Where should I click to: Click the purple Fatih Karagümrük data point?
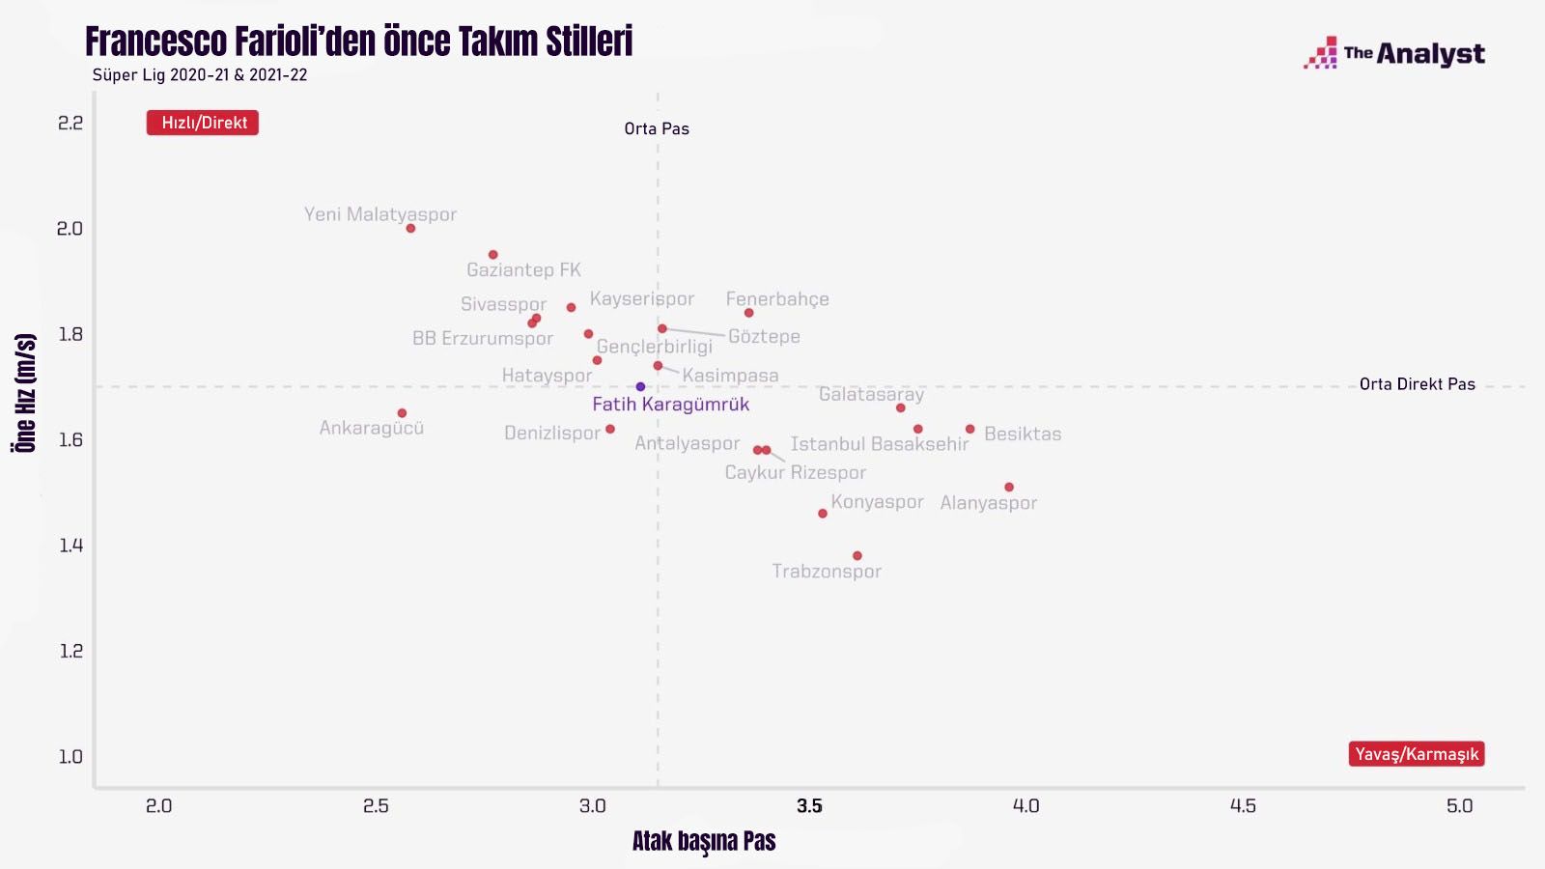coord(640,387)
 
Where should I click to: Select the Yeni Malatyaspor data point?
coord(410,229)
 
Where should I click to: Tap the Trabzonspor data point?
coord(857,556)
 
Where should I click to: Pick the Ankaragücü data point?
coord(402,413)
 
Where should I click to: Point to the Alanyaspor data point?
coord(1009,488)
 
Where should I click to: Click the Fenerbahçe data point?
coord(748,313)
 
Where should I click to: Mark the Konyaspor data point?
coord(823,514)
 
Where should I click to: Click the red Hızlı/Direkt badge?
coord(203,123)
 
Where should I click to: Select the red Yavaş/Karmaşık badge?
coord(1416,754)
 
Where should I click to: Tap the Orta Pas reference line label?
coord(657,128)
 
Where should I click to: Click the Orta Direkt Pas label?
coord(1417,384)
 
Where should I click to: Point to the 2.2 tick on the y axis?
coord(70,123)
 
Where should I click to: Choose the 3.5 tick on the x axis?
coord(809,806)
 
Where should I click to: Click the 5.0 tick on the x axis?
coord(1459,806)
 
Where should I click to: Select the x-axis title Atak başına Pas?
coord(704,841)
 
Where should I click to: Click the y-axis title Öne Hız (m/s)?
coord(26,392)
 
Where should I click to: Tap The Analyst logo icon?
coord(1321,54)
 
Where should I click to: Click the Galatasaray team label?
coord(871,394)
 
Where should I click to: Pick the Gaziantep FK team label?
coord(523,270)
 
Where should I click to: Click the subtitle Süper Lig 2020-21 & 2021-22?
coord(200,75)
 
